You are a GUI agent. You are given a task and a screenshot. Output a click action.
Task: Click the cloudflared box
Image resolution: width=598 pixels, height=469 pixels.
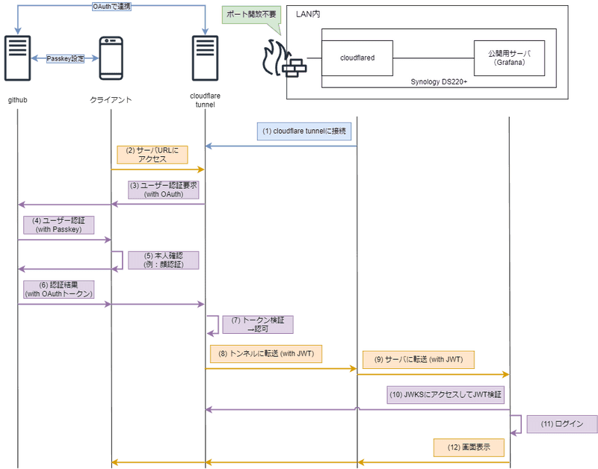pos(357,58)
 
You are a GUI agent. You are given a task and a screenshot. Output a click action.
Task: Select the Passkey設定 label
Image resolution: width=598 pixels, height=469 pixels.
pos(64,58)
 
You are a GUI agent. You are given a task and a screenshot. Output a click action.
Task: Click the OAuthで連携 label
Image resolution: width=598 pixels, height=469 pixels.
pos(111,7)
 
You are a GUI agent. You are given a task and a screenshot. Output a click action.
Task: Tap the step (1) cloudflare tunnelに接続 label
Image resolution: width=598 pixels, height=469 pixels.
pos(303,131)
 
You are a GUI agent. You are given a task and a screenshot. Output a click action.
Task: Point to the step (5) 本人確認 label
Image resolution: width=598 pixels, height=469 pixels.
pos(162,259)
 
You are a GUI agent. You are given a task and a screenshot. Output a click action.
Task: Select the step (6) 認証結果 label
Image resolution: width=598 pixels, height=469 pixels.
pos(57,289)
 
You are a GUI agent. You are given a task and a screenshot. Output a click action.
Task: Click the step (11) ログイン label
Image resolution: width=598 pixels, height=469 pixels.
pos(561,423)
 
